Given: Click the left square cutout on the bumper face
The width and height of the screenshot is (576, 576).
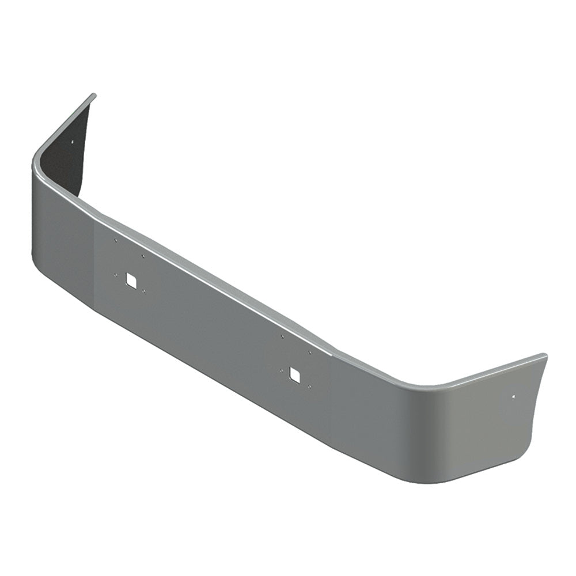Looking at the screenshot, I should click(131, 279).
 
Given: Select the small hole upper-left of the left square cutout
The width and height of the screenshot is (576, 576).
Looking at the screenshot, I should click(115, 240).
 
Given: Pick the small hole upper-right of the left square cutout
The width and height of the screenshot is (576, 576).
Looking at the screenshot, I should click(143, 256).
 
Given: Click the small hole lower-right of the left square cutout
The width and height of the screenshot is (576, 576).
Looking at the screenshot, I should click(143, 291).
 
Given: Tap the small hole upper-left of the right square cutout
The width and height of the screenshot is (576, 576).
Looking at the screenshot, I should click(282, 336).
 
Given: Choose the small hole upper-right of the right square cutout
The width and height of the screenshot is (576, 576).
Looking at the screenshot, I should click(309, 352).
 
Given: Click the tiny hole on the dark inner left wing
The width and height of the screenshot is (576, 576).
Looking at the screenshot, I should click(73, 142).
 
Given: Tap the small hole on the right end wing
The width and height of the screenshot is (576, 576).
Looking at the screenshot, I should click(514, 396).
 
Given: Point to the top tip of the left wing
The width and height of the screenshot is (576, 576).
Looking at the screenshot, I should click(94, 95).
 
